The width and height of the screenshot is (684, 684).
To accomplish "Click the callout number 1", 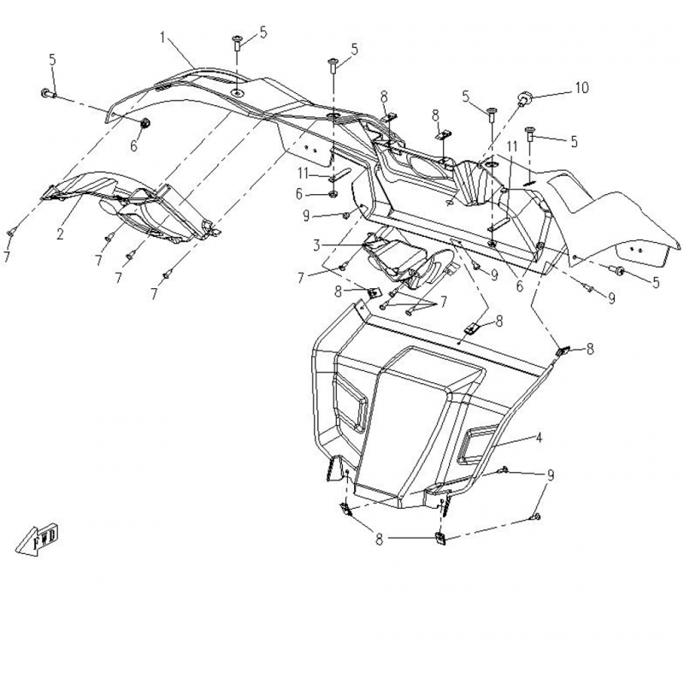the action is [x=162, y=38].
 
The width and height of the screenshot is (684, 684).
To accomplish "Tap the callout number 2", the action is [x=60, y=234].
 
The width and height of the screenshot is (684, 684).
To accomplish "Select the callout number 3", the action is [x=316, y=245].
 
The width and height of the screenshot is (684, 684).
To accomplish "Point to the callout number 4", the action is [x=540, y=437].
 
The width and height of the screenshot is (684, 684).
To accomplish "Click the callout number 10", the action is [x=582, y=88].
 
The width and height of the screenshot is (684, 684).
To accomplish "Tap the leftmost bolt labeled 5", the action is [x=49, y=93].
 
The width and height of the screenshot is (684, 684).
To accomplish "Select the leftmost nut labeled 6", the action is [x=145, y=123].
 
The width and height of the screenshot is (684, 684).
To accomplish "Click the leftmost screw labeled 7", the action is [x=11, y=233].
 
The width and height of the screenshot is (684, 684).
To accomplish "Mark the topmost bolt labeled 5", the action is [x=238, y=43].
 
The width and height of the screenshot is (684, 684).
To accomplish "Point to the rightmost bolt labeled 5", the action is [x=617, y=270].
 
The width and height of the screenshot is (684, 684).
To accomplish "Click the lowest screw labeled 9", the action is [x=535, y=517].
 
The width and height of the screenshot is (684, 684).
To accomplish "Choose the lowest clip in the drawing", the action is [x=440, y=539].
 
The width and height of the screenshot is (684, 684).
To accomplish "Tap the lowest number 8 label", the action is [x=379, y=540].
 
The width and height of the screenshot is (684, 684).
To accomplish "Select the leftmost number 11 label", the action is [x=304, y=174].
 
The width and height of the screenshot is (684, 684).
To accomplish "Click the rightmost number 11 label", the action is [x=511, y=146].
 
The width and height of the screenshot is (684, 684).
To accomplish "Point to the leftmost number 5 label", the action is [x=53, y=60].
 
